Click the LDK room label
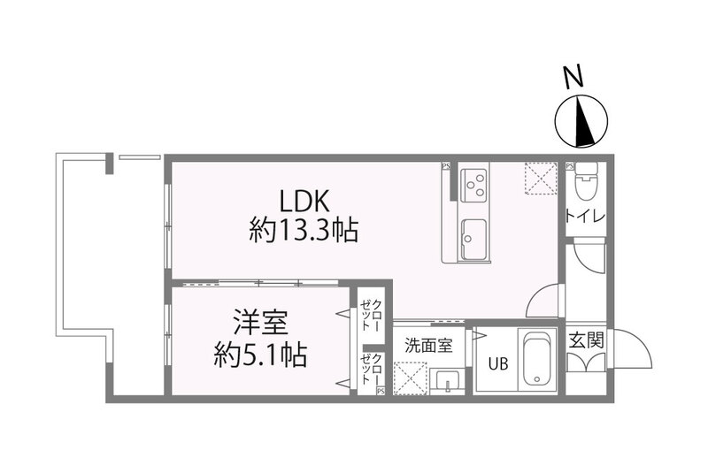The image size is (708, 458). pyautogui.click(x=303, y=199)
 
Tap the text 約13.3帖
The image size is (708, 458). pyautogui.click(x=303, y=232)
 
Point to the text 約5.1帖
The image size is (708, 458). pyautogui.click(x=260, y=355)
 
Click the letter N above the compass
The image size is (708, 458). pyautogui.click(x=576, y=79)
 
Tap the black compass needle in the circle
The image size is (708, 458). pyautogui.click(x=583, y=125)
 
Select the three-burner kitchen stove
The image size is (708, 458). pyautogui.click(x=475, y=184)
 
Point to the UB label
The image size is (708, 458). pyautogui.click(x=489, y=363)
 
